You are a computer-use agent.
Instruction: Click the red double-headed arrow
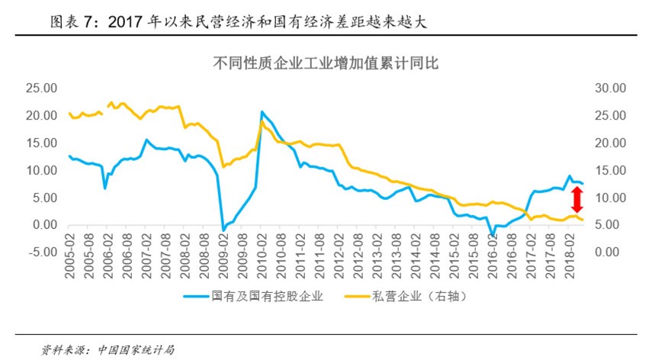[x=577, y=200]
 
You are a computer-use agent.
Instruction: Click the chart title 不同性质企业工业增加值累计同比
[x=325, y=64]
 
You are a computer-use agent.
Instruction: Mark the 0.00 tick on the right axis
[x=611, y=252]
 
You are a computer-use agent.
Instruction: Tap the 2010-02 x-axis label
[x=262, y=267]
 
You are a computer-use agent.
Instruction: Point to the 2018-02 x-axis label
[x=570, y=267]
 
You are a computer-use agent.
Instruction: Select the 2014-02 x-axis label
[x=416, y=267]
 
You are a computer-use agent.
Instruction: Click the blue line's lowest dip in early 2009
[x=223, y=230]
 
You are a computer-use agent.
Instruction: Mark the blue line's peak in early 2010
[x=262, y=112]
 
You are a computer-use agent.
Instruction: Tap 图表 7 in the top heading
[x=74, y=23]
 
